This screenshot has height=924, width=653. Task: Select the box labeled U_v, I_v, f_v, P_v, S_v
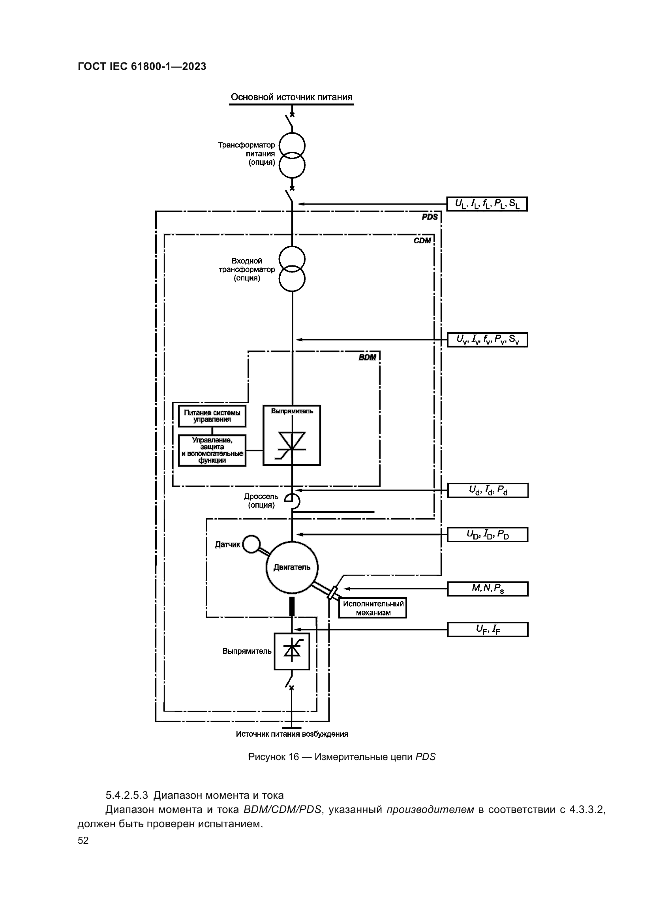(487, 340)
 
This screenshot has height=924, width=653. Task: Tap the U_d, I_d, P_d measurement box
(488, 491)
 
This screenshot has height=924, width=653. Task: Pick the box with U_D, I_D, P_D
(487, 534)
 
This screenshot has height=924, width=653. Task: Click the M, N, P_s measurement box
(488, 589)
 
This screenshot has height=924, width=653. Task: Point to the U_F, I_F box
(488, 629)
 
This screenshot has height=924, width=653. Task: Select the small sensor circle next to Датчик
(252, 544)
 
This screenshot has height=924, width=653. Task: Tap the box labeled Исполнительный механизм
(373, 608)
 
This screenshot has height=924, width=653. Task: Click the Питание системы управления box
(212, 416)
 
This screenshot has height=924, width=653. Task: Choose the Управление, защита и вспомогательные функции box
(212, 450)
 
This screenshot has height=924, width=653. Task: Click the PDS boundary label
(430, 217)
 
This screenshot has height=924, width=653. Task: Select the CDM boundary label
(422, 241)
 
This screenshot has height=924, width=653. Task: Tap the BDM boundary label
(368, 358)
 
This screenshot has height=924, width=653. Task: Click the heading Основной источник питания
(291, 97)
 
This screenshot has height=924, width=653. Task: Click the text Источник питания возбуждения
(292, 734)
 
